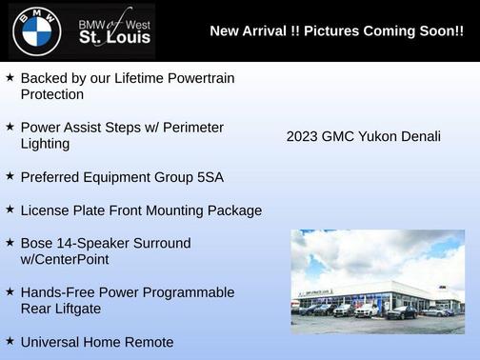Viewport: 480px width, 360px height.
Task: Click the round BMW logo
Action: point(36,31)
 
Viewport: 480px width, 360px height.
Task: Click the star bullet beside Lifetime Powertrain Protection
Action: point(10,76)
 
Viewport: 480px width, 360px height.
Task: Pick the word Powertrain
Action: point(194,77)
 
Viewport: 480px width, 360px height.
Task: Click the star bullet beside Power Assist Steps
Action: point(10,126)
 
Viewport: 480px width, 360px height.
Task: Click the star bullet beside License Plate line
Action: point(10,209)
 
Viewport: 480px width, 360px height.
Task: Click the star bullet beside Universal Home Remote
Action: point(10,341)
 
